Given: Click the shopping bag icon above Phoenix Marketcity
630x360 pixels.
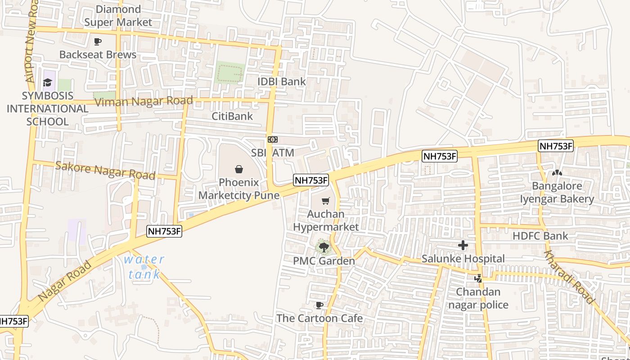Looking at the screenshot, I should (x=238, y=169).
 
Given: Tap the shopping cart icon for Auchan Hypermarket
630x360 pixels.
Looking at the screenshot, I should (x=325, y=201).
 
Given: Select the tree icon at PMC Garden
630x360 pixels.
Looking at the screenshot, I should (x=324, y=247).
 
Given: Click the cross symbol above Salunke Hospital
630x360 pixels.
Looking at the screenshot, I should (x=463, y=245).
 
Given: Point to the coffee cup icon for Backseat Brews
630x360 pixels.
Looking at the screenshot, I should (x=98, y=42).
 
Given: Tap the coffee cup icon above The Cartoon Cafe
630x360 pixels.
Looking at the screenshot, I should (x=319, y=306).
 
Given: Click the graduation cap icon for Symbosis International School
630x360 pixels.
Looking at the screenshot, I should (x=47, y=82).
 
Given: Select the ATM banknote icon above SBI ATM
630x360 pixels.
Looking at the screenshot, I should (x=272, y=139).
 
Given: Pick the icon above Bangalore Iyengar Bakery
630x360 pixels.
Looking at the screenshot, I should (x=557, y=173).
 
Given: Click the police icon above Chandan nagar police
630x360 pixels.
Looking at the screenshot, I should (x=478, y=279).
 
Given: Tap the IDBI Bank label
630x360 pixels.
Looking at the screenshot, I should (x=281, y=81).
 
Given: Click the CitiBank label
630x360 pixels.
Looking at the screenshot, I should (x=232, y=116).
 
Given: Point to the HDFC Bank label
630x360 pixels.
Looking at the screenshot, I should (x=540, y=236).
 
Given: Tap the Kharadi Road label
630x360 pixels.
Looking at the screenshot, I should (x=569, y=277).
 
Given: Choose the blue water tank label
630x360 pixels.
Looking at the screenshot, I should (x=144, y=267).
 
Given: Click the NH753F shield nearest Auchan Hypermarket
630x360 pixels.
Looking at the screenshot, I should (x=311, y=180).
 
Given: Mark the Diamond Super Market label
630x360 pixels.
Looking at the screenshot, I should (x=118, y=16).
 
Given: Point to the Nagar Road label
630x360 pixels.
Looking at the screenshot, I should (x=65, y=281).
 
